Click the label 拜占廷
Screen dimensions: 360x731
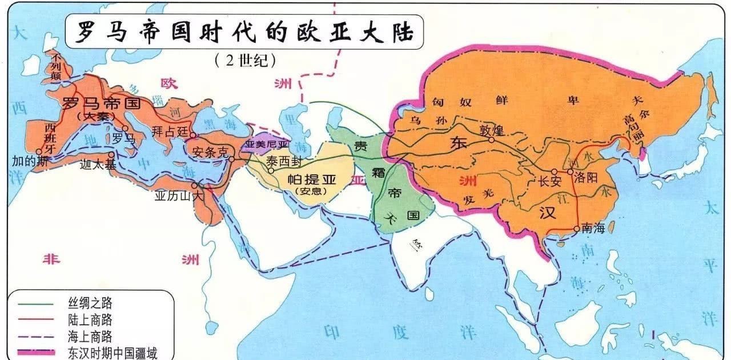pos(170,131)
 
